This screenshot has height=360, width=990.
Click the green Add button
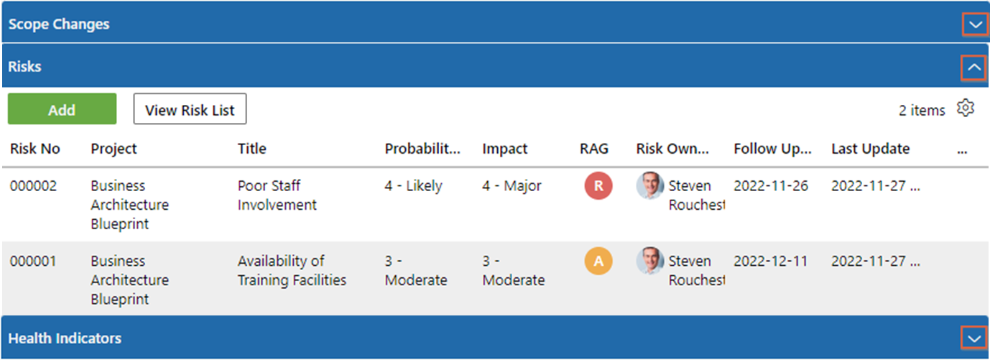click(63, 109)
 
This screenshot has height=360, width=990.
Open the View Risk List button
click(190, 109)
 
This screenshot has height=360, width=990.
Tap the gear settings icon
click(966, 108)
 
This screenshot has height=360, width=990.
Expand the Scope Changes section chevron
click(975, 24)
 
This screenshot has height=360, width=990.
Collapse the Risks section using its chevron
click(973, 68)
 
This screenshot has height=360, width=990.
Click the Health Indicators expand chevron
click(974, 338)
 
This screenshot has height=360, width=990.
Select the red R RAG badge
click(598, 186)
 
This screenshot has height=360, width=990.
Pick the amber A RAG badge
click(598, 261)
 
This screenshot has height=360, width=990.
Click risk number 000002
click(34, 186)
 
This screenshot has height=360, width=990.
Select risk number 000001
click(34, 261)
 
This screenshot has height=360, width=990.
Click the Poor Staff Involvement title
click(277, 195)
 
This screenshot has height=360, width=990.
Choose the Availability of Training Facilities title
click(292, 270)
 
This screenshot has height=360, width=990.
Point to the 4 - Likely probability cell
click(413, 186)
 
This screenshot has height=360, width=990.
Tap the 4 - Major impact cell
click(512, 186)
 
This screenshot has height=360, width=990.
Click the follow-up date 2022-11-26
click(771, 186)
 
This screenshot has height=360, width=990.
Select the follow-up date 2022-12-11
click(771, 261)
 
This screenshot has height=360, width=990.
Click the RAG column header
click(594, 149)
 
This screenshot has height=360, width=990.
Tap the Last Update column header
click(870, 149)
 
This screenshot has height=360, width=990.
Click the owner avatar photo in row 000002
click(649, 186)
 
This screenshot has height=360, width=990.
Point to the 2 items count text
click(922, 110)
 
